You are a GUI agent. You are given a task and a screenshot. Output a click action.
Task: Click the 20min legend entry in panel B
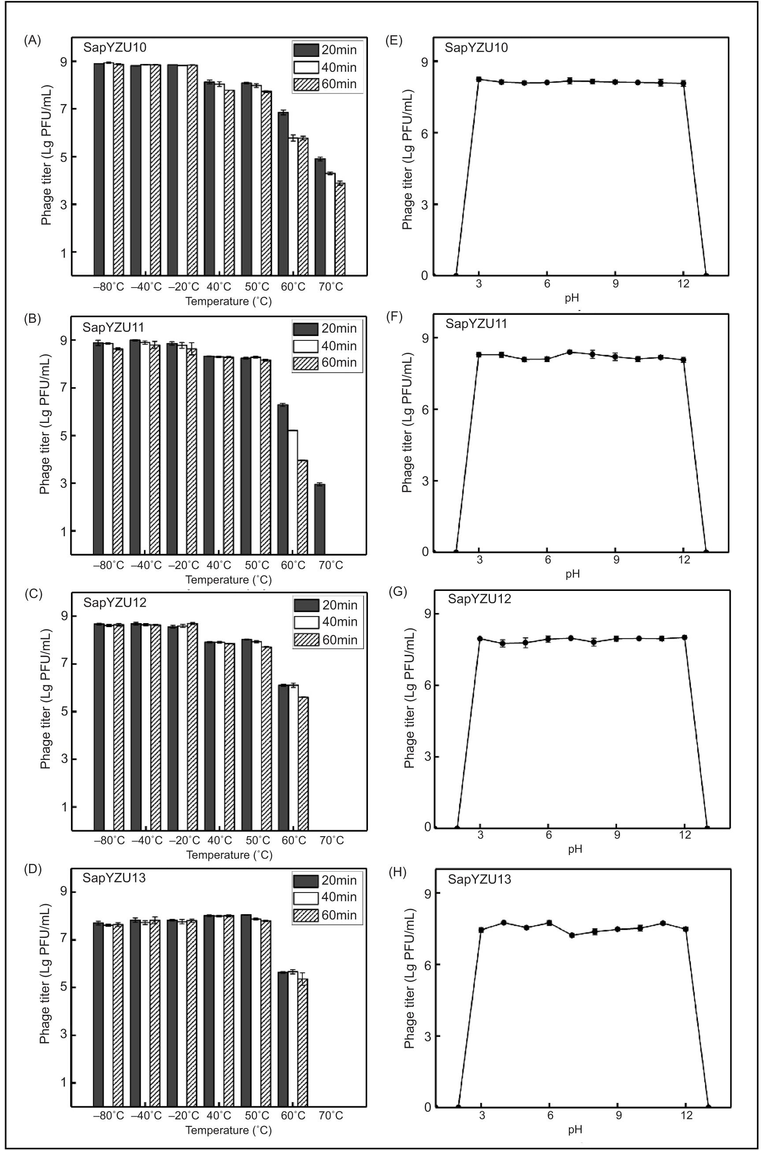pyautogui.click(x=327, y=329)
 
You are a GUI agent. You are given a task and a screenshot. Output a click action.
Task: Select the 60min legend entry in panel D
pyautogui.click(x=327, y=915)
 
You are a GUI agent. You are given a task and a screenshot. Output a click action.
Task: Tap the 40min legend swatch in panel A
pyautogui.click(x=306, y=67)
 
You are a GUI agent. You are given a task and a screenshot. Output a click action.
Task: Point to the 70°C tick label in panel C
pyautogui.click(x=331, y=840)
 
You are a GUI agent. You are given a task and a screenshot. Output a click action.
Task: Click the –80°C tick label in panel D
pyautogui.click(x=109, y=1116)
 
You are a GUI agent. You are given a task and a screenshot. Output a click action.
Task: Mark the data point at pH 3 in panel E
pyautogui.click(x=479, y=79)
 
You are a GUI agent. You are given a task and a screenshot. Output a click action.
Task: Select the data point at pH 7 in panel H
pyautogui.click(x=572, y=935)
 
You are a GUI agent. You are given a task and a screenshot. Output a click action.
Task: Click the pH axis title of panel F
pyautogui.click(x=572, y=574)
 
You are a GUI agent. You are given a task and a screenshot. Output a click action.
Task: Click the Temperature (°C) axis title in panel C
pyautogui.click(x=229, y=855)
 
